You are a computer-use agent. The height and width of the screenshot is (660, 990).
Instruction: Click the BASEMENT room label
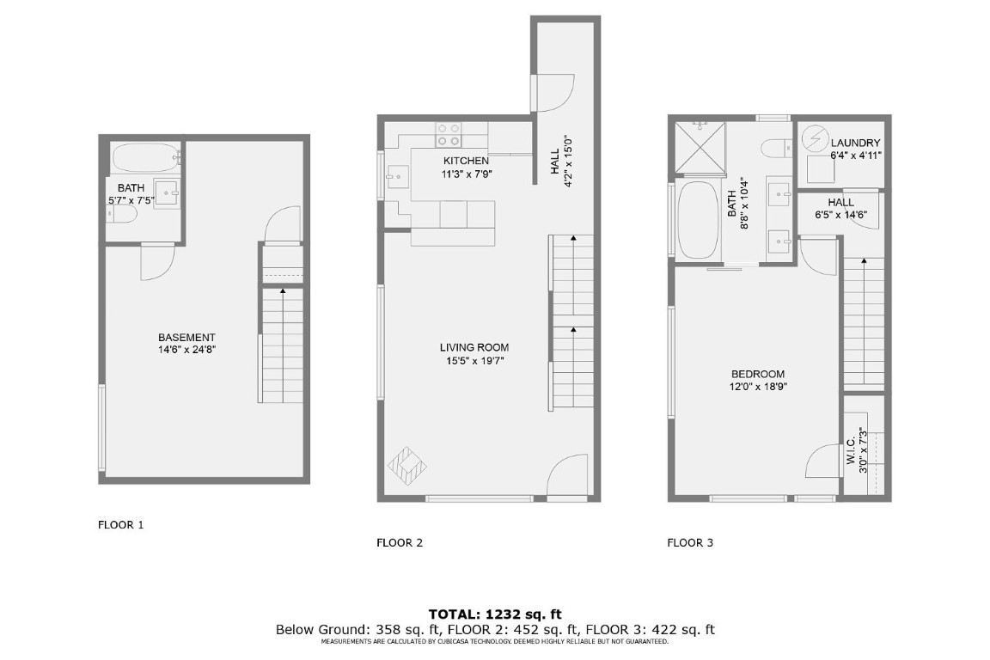pyautogui.click(x=186, y=338)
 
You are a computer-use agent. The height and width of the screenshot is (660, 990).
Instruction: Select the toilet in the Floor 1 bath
pyautogui.click(x=121, y=212)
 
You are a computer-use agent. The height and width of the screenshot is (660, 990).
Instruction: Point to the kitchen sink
pyautogui.click(x=397, y=175)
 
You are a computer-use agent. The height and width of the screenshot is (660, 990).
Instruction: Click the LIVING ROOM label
pyautogui.click(x=474, y=348)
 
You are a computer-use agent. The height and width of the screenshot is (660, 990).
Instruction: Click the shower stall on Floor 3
pyautogui.click(x=700, y=146)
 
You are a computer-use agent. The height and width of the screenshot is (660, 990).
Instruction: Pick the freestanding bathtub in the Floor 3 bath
pyautogui.click(x=695, y=221)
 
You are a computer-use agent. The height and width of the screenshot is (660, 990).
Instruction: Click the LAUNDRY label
pyautogui.click(x=855, y=143)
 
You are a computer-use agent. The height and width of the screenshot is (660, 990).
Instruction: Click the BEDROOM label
pyautogui.click(x=757, y=374)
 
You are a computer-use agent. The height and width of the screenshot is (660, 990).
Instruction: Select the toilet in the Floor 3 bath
pyautogui.click(x=779, y=147)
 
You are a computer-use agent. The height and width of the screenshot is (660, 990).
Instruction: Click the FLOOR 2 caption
pyautogui.click(x=400, y=542)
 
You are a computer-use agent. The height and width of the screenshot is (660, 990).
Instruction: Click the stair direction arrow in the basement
pyautogui.click(x=283, y=294)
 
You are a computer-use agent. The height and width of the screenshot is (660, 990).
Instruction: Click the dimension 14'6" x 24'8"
pyautogui.click(x=186, y=350)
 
